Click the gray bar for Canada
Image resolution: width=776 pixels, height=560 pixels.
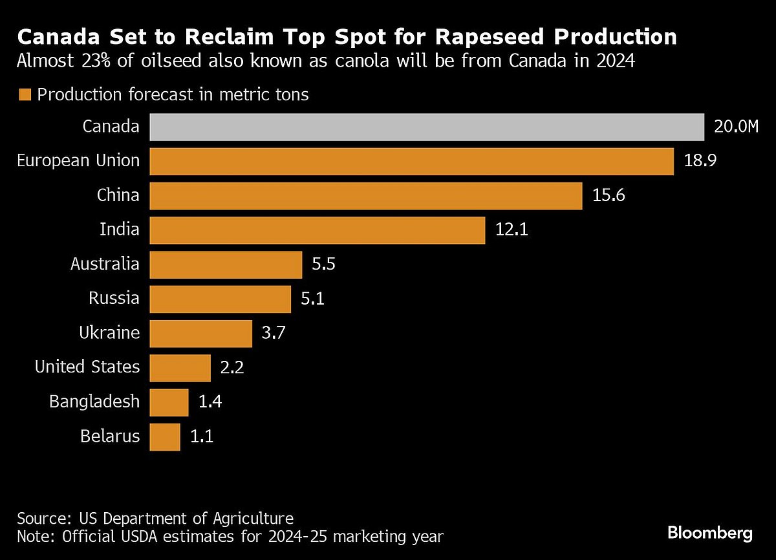(427, 127)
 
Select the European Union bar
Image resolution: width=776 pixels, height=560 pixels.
(412, 161)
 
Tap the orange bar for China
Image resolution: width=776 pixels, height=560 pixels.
(366, 195)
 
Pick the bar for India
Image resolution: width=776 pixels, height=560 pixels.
(318, 230)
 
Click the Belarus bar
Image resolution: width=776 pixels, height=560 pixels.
(165, 436)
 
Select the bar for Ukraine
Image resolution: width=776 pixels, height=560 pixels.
(201, 333)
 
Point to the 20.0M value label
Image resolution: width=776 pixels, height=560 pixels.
(736, 127)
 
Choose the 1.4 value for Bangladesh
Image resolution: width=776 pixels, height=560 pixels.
(211, 402)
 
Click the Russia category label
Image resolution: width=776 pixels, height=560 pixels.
(114, 299)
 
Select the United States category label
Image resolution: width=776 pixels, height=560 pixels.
(87, 367)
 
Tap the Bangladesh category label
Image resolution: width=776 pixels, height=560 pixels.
(94, 402)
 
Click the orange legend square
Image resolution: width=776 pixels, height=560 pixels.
(25, 95)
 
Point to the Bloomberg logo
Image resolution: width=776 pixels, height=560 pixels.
(710, 533)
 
